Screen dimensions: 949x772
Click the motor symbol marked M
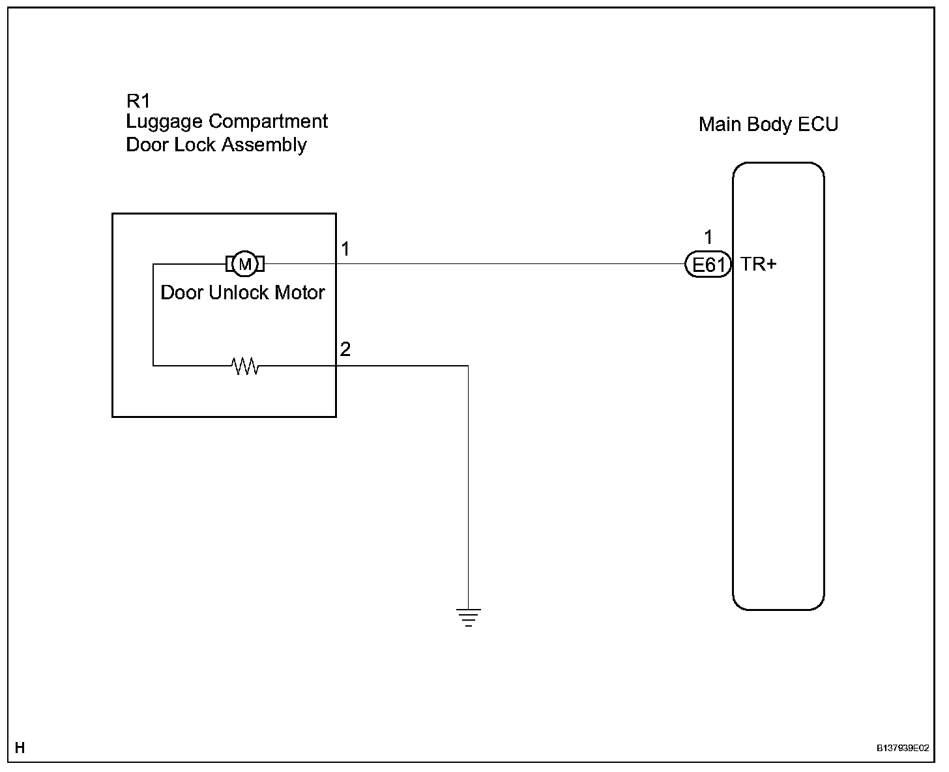(x=245, y=264)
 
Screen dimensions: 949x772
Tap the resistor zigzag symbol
(x=245, y=366)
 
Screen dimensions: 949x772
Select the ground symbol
(x=468, y=617)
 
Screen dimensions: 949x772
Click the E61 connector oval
(x=708, y=264)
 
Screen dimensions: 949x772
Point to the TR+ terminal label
(x=758, y=264)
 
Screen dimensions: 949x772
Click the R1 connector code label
(x=138, y=101)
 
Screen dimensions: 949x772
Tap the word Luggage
(x=164, y=122)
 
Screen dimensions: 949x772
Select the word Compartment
(x=269, y=122)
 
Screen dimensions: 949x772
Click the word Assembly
(x=264, y=145)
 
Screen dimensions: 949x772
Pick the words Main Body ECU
(x=768, y=125)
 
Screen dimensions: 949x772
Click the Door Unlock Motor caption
(x=243, y=293)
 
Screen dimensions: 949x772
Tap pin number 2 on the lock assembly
(x=345, y=349)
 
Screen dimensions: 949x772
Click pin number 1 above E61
(x=708, y=237)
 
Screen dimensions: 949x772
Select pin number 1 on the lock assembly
(x=345, y=248)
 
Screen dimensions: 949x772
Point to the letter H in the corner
(x=20, y=747)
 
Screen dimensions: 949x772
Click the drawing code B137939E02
(x=903, y=748)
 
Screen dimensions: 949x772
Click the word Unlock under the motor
(x=239, y=293)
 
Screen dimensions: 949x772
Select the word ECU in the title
(x=818, y=125)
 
